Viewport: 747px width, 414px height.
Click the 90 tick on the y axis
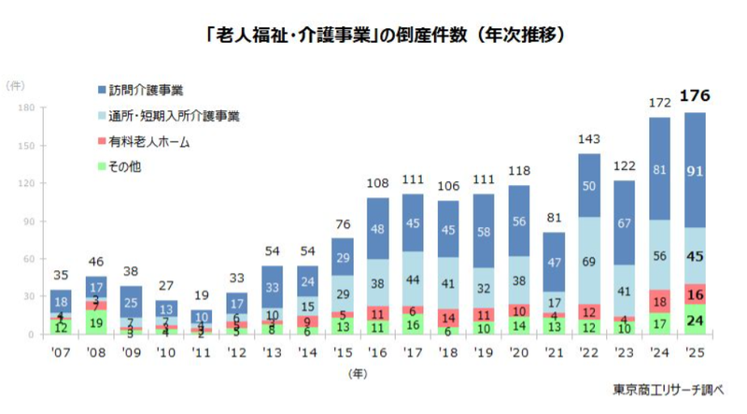29,221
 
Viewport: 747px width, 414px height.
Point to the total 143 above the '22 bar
589,138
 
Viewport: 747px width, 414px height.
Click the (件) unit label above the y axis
17,86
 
